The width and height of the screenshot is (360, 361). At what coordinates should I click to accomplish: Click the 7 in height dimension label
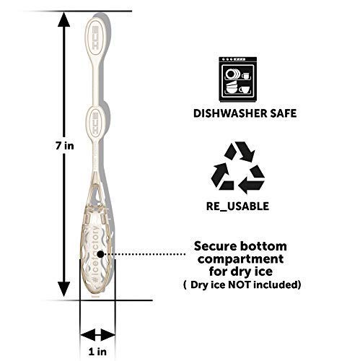tap(64, 146)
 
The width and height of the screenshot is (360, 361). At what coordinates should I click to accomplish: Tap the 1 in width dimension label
tap(97, 352)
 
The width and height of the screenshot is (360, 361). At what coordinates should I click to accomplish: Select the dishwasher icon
tap(238, 79)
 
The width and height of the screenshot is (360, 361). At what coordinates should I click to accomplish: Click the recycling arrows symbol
tap(238, 168)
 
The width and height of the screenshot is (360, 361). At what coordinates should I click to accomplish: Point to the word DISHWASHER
tap(227, 113)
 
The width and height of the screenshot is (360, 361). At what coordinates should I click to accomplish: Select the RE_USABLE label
tap(237, 206)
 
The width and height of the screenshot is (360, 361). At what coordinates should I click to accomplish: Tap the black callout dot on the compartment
tap(100, 254)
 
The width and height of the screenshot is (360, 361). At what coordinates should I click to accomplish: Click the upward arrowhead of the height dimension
tap(64, 19)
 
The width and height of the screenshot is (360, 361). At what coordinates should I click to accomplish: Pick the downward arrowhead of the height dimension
tap(64, 289)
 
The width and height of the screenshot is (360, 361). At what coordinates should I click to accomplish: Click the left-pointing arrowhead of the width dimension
tap(87, 335)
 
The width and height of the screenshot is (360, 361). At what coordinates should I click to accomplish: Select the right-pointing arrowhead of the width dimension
tap(107, 335)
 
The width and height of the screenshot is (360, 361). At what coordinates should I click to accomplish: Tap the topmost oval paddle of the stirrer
tap(96, 38)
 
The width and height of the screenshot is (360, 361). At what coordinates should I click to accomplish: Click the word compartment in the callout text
tap(240, 259)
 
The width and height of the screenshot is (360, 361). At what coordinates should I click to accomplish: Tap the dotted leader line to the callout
tap(144, 254)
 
